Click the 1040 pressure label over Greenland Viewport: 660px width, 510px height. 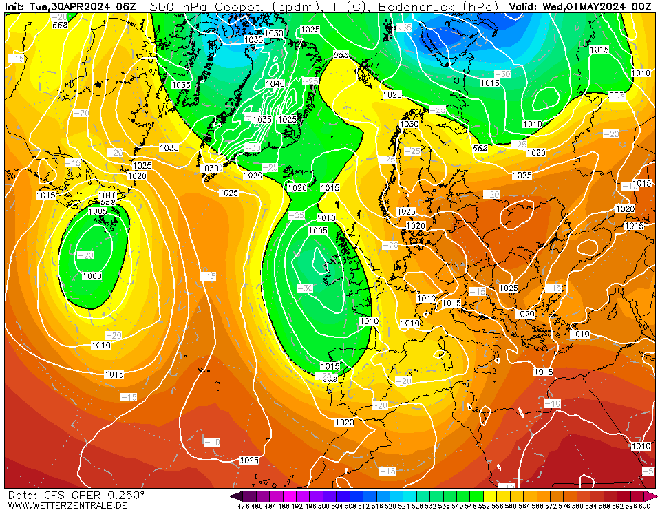pyautogui.click(x=275, y=84)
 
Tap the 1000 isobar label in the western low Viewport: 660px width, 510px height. pyautogui.click(x=92, y=276)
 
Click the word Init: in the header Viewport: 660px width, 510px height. pyautogui.click(x=15, y=7)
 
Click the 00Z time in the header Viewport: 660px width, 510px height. pyautogui.click(x=642, y=7)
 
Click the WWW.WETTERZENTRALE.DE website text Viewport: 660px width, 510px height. pyautogui.click(x=67, y=505)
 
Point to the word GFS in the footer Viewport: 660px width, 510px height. pyautogui.click(x=54, y=495)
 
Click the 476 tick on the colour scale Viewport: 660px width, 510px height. pyautogui.click(x=243, y=506)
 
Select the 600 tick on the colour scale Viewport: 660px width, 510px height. pyautogui.click(x=644, y=506)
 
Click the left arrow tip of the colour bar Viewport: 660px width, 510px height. pyautogui.click(x=233, y=496)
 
